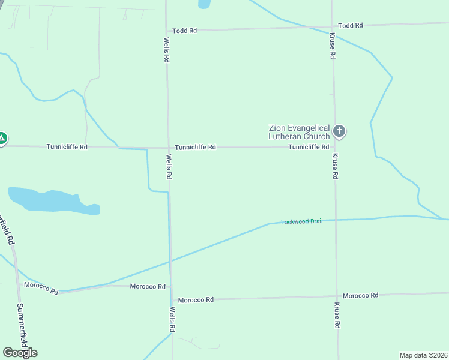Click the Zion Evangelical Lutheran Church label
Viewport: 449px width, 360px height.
click(300, 132)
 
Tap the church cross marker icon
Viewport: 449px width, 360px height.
click(339, 130)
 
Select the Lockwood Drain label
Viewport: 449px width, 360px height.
click(303, 221)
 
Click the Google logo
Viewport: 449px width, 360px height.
click(20, 353)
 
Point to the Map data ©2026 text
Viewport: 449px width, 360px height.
click(423, 355)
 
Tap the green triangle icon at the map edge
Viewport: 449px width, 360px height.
click(2, 139)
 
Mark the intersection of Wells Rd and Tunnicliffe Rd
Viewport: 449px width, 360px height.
click(167, 147)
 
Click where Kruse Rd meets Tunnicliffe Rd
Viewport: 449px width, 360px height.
click(334, 147)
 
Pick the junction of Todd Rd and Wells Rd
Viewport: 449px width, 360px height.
click(166, 30)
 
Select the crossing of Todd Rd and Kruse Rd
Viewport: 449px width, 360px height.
click(332, 26)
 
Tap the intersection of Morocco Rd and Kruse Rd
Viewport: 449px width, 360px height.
click(336, 296)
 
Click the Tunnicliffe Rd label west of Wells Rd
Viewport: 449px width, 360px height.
click(67, 147)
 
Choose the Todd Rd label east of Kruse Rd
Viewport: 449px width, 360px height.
click(351, 25)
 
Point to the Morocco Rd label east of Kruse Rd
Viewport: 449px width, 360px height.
click(360, 295)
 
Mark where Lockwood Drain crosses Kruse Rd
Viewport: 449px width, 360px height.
click(336, 220)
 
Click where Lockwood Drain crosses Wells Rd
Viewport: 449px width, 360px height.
click(170, 262)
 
